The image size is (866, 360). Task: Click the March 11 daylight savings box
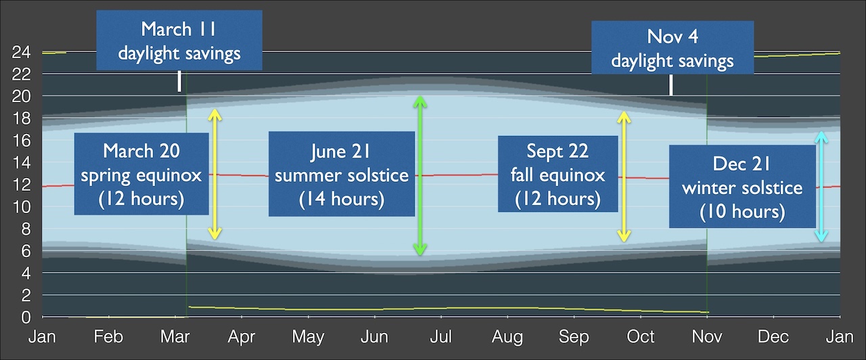click(179, 41)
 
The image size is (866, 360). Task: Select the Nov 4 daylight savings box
click(672, 47)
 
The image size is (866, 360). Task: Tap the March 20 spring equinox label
click(141, 174)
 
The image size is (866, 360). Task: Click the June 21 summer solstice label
click(342, 174)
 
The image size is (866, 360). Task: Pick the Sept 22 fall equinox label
click(557, 174)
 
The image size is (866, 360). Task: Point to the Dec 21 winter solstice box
click(742, 186)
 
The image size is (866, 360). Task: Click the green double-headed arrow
click(420, 176)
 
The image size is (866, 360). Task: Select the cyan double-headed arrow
click(821, 187)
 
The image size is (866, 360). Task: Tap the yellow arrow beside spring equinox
click(214, 175)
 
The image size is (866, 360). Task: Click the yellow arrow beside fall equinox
click(624, 176)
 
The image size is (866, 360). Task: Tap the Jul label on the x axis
click(441, 336)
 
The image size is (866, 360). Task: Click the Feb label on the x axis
click(109, 336)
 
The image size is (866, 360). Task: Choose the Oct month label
click(641, 336)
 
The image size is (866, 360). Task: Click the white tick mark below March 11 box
click(179, 82)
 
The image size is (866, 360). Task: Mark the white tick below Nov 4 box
click(671, 85)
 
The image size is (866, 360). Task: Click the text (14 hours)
click(342, 200)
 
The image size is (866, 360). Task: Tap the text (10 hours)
click(742, 212)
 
